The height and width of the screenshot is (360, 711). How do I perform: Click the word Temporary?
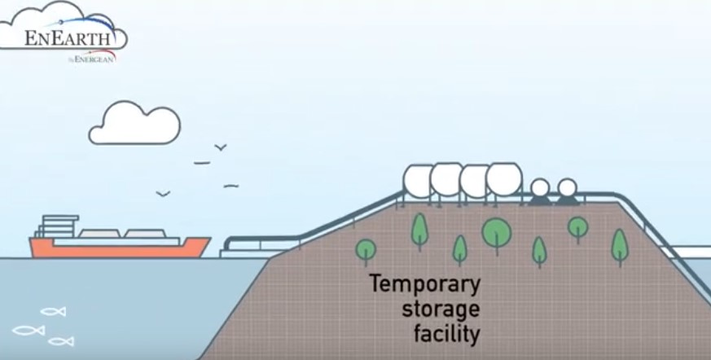[424, 287]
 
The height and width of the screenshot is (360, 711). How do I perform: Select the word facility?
[446, 334]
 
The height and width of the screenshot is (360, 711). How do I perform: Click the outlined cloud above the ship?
[134, 124]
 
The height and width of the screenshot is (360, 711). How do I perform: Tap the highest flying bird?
[220, 147]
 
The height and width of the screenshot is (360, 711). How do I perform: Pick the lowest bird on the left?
[163, 194]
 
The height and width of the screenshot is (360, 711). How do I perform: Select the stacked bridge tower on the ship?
[54, 226]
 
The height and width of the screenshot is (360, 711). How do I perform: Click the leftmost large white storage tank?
[419, 180]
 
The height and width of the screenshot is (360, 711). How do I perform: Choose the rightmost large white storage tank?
[504, 179]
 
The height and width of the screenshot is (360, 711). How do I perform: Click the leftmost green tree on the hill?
[366, 248]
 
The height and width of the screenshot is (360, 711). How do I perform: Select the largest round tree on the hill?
[496, 232]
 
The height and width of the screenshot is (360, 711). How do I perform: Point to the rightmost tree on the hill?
[620, 244]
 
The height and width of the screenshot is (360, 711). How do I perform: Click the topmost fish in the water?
[53, 311]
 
